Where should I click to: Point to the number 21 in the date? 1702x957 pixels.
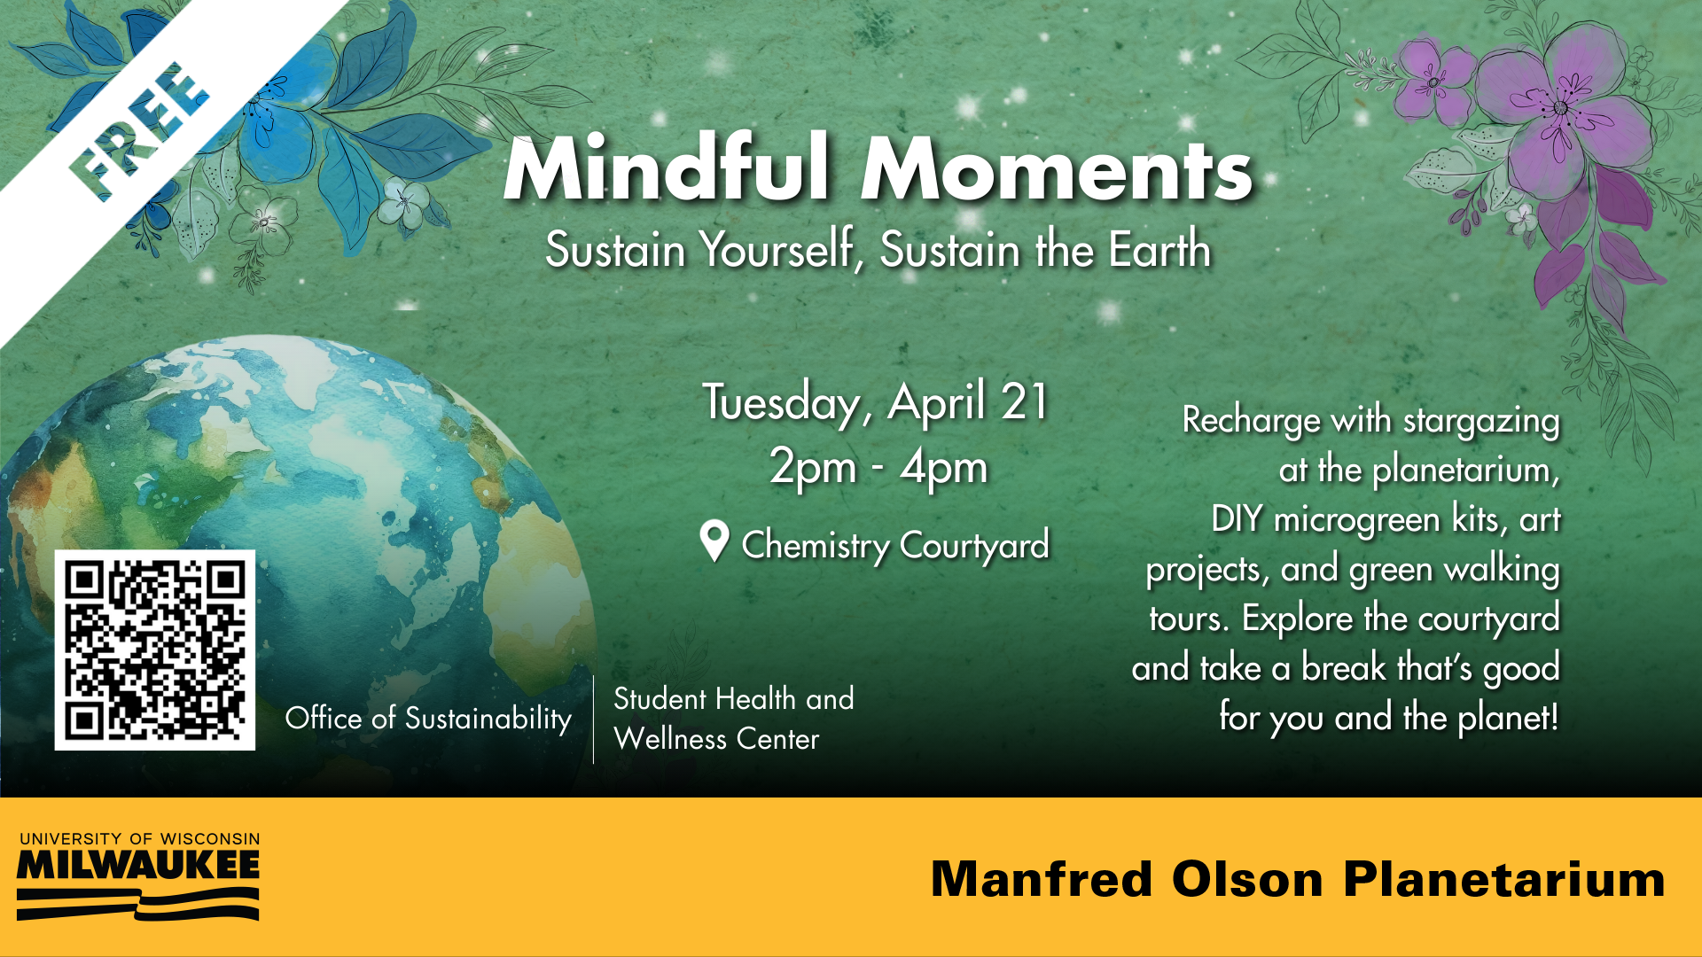pyautogui.click(x=1025, y=401)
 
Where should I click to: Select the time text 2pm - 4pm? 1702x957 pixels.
pyautogui.click(x=878, y=467)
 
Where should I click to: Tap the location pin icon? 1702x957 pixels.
pyautogui.click(x=714, y=541)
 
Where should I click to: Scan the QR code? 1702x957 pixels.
pyautogui.click(x=155, y=650)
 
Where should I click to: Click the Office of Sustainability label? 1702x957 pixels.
pyautogui.click(x=428, y=718)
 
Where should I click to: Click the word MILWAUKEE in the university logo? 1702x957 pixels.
pyautogui.click(x=138, y=866)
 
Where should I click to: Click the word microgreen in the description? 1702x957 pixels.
pyautogui.click(x=1357, y=520)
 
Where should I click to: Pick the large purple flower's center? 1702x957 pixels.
pyautogui.click(x=1560, y=108)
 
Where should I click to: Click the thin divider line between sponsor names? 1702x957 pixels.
pyautogui.click(x=593, y=720)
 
